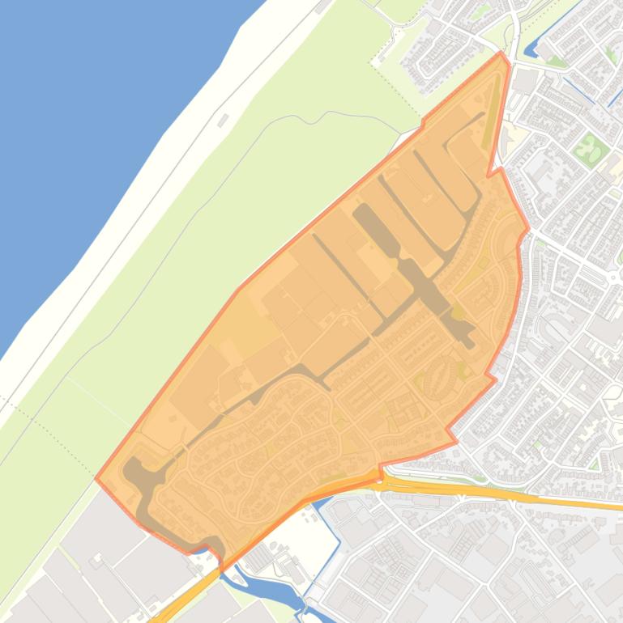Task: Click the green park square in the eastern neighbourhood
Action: (x=589, y=147)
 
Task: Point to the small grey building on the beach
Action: (x=223, y=120)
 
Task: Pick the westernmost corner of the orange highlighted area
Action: (x=96, y=478)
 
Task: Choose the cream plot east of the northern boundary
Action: (x=512, y=138)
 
